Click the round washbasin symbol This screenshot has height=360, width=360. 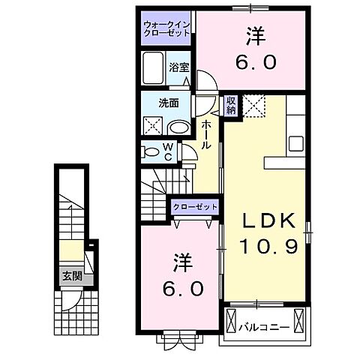[x=175, y=127]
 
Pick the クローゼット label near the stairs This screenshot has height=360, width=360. [x=195, y=206]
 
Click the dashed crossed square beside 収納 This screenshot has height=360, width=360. [x=255, y=106]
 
